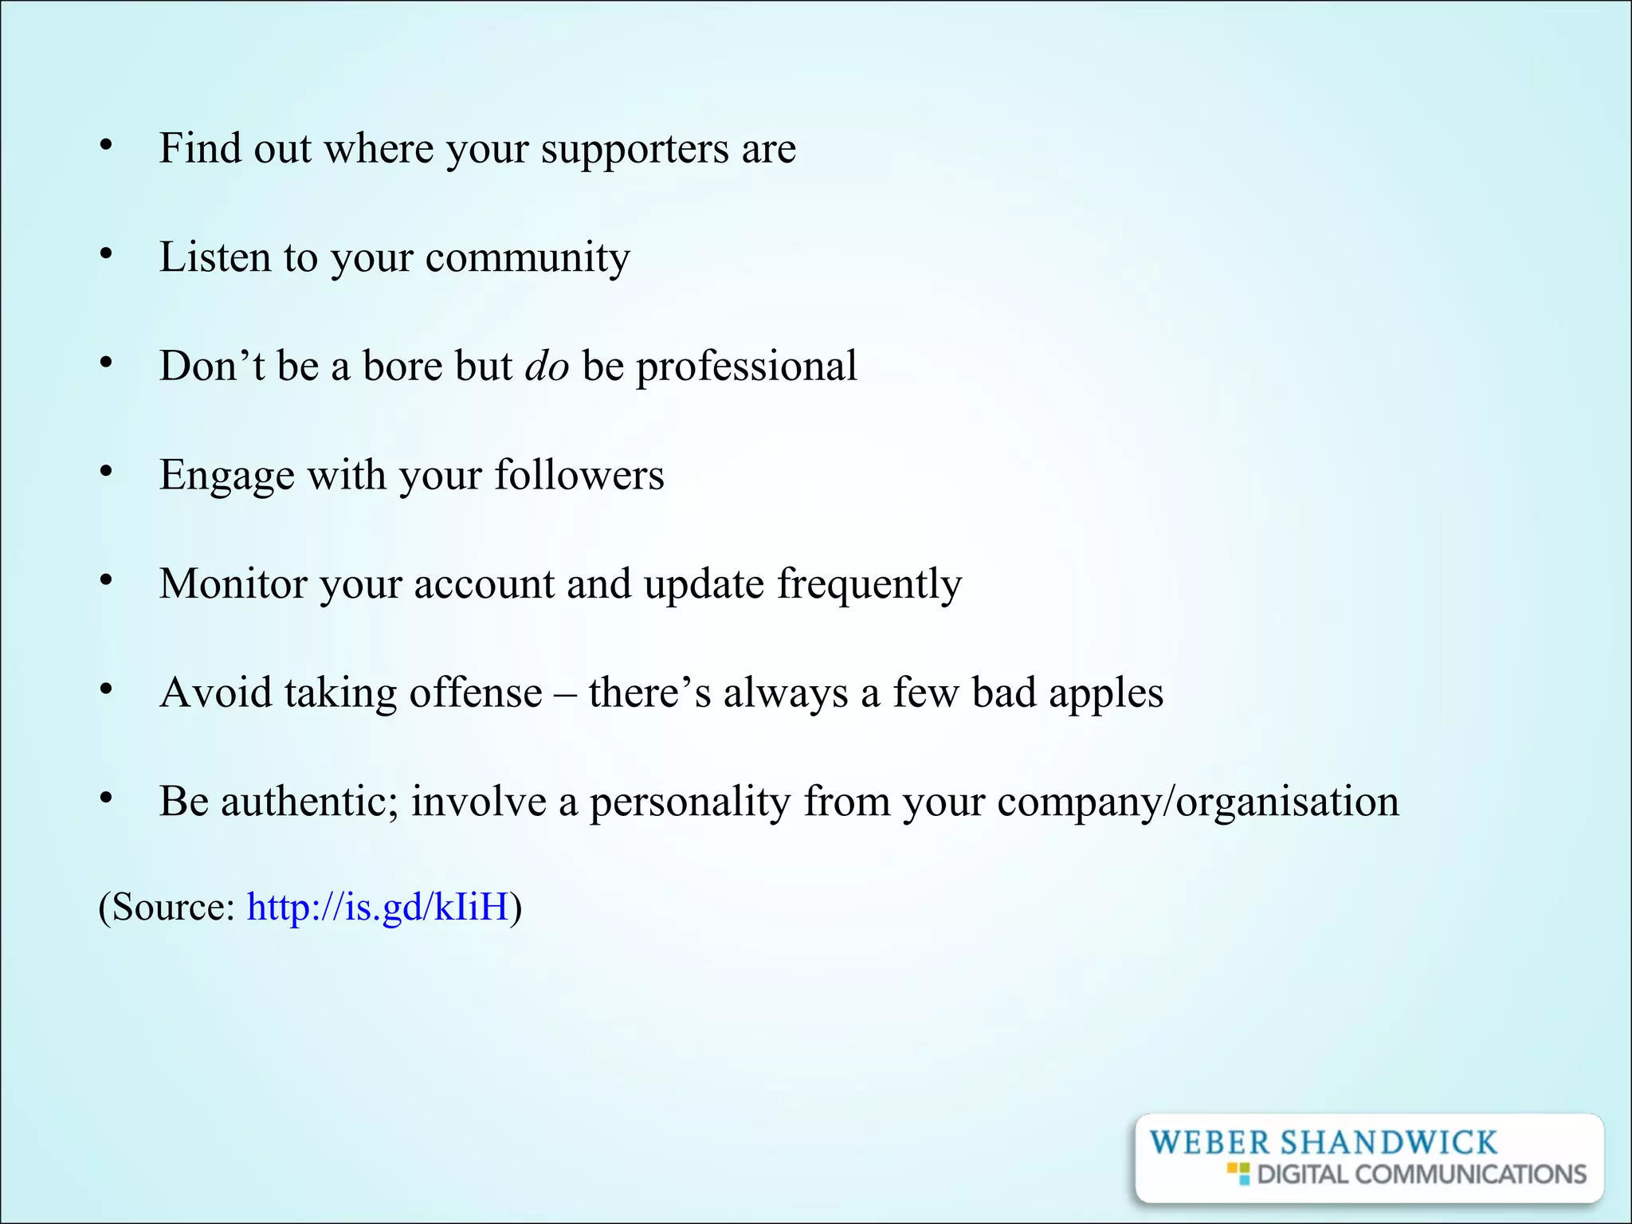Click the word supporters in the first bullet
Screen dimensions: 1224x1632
634,150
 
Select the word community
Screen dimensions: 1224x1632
528,258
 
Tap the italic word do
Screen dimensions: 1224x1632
547,367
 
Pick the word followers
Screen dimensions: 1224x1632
579,475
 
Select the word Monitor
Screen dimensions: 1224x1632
233,584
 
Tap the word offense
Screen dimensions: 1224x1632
475,692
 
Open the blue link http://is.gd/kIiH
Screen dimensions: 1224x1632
378,908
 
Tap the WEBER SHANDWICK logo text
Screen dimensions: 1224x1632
1323,1143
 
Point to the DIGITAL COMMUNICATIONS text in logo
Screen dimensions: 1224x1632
1422,1175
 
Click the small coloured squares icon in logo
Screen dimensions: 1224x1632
1238,1173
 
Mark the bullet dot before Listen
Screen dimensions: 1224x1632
106,254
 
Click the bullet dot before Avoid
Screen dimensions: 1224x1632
106,689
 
